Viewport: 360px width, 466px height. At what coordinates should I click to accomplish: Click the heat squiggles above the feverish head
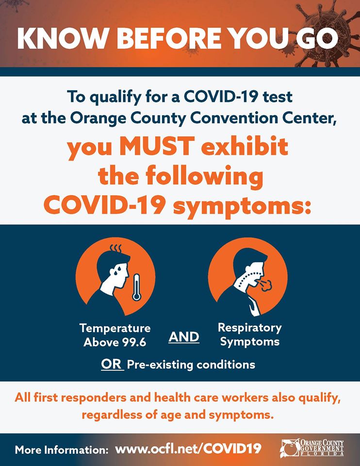(x=115, y=249)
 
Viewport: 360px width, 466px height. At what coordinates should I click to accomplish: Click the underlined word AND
(x=183, y=336)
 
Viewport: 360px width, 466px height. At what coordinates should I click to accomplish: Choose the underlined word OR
(x=111, y=364)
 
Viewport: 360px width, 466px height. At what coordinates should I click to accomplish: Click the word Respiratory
(x=249, y=328)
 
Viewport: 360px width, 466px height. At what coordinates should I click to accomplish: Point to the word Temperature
(x=115, y=329)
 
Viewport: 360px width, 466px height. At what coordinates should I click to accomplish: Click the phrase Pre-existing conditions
(x=191, y=365)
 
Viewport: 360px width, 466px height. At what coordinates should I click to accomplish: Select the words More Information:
(x=62, y=449)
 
